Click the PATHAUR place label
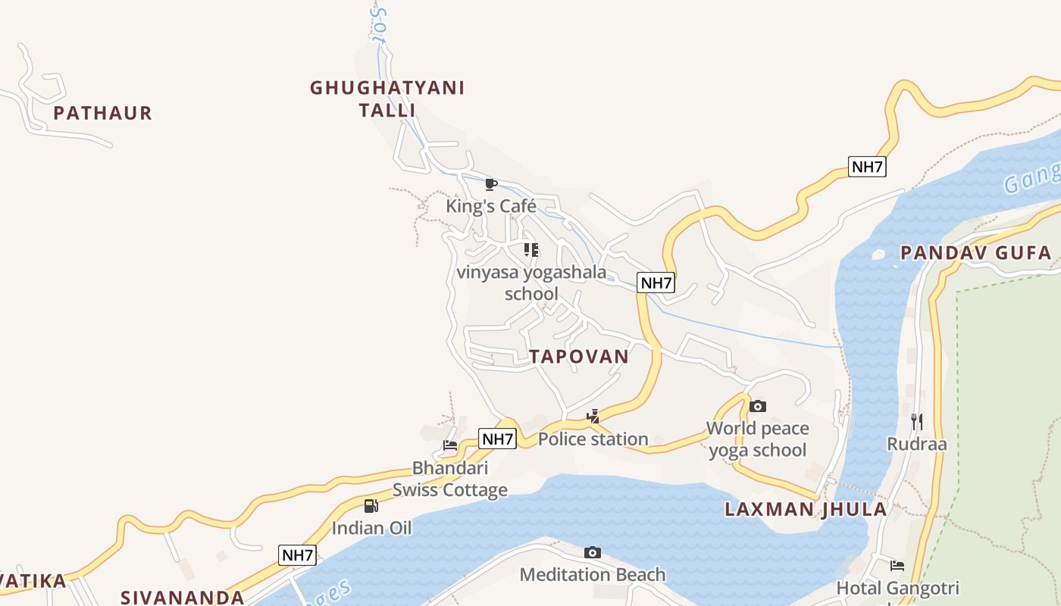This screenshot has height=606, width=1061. tap(103, 114)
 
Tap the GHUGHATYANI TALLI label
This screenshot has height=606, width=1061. tap(387, 98)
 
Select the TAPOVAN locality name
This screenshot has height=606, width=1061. tap(579, 357)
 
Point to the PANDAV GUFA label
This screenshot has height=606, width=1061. tap(976, 253)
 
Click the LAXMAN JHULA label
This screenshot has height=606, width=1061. tap(806, 509)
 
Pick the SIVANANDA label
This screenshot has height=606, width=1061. tap(183, 597)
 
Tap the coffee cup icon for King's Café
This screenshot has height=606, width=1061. tap(491, 184)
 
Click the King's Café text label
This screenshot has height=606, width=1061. tap(491, 206)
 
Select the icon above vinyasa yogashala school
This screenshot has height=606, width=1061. tap(531, 249)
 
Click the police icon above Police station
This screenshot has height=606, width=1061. tap(593, 417)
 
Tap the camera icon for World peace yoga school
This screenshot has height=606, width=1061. tap(757, 407)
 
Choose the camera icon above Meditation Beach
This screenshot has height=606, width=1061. tap(593, 553)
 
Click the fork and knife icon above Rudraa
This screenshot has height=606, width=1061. tap(917, 421)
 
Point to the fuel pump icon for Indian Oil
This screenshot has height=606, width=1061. tap(371, 506)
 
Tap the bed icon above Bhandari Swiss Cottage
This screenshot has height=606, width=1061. tap(450, 445)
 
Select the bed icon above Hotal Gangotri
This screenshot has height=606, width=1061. tap(897, 566)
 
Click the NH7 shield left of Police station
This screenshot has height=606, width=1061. tap(498, 439)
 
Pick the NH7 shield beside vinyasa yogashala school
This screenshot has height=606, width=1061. tap(656, 283)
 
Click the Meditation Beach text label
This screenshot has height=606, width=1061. tap(593, 575)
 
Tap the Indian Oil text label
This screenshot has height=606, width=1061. tap(371, 528)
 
